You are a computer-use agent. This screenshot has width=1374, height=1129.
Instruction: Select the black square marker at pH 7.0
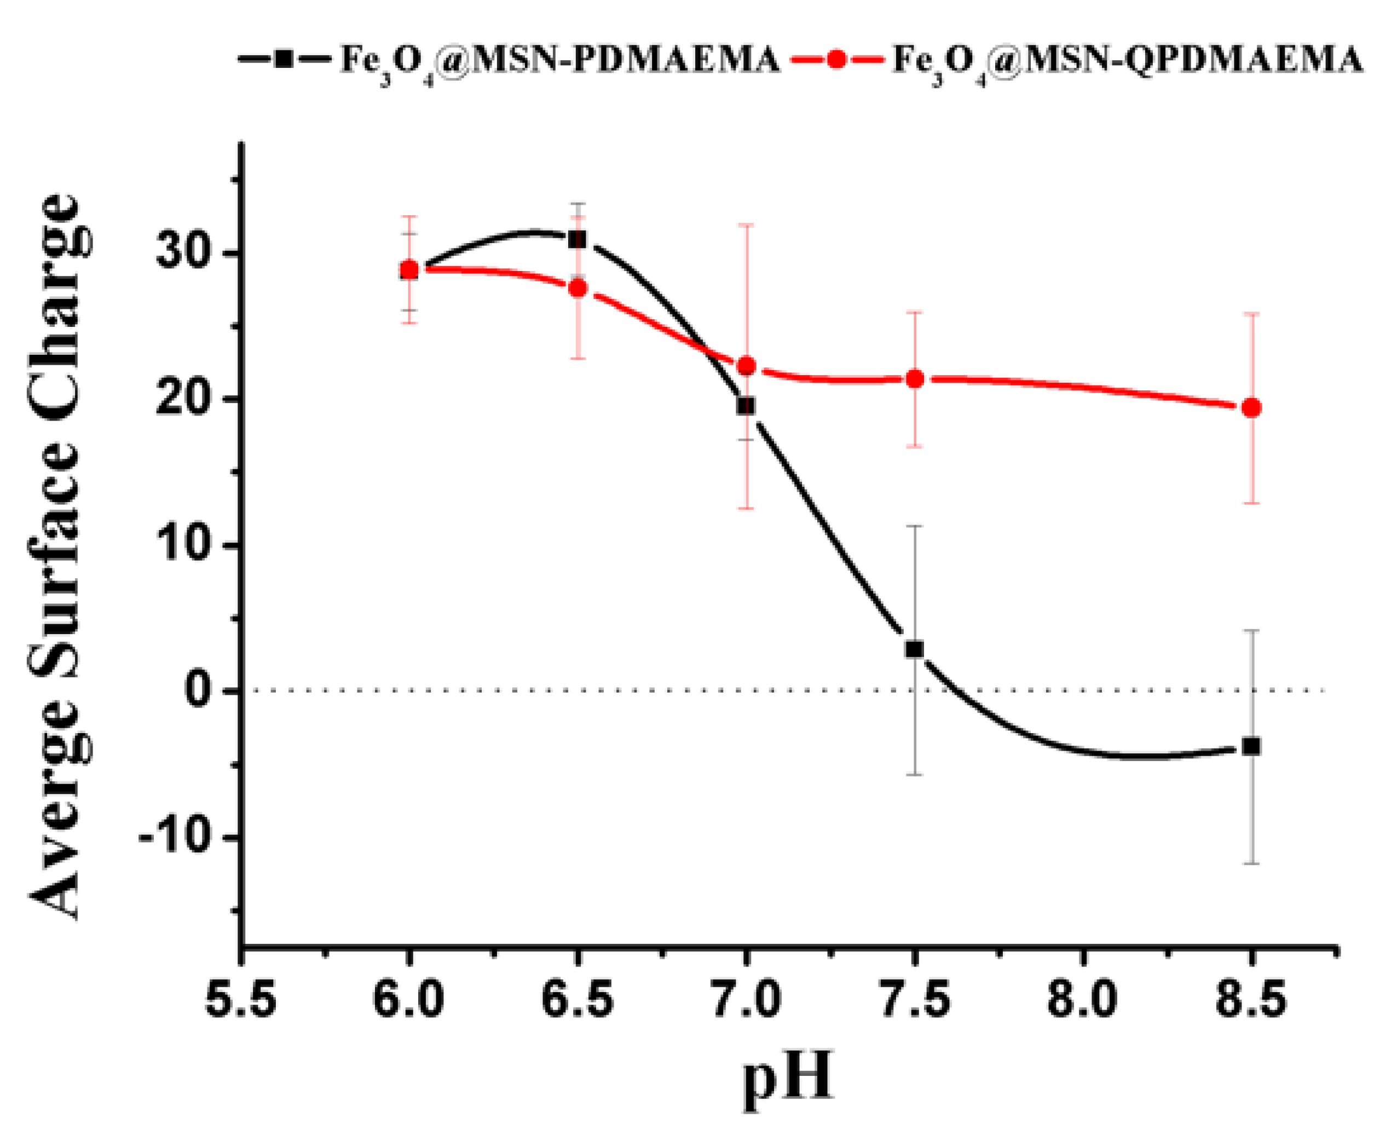(746, 406)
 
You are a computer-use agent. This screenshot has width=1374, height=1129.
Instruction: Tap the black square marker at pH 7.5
(914, 649)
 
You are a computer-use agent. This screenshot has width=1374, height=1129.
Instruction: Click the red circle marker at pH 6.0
(409, 269)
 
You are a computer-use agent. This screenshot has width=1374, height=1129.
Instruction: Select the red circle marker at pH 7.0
(747, 366)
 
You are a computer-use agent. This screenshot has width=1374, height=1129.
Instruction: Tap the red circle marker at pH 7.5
(915, 378)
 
